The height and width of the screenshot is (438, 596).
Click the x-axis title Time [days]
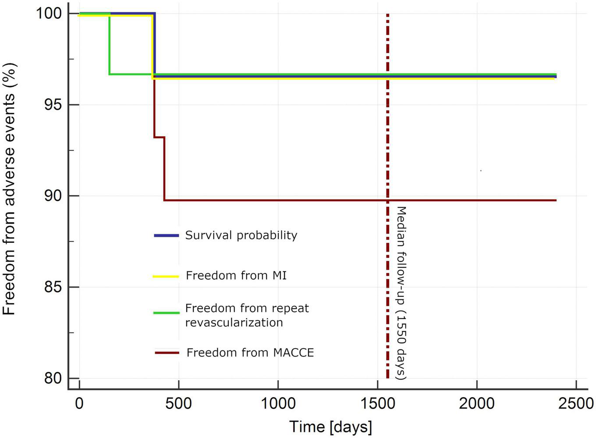(x=330, y=426)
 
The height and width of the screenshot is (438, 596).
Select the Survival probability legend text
(x=241, y=235)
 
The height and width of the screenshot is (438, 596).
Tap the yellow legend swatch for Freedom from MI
(x=166, y=276)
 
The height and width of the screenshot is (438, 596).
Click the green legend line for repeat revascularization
(x=166, y=313)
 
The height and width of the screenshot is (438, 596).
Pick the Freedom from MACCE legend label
(x=250, y=353)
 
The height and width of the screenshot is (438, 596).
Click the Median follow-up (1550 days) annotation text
(x=401, y=292)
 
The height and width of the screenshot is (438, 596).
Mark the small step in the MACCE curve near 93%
(x=159, y=137)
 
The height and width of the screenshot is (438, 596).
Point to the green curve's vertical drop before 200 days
(x=110, y=44)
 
